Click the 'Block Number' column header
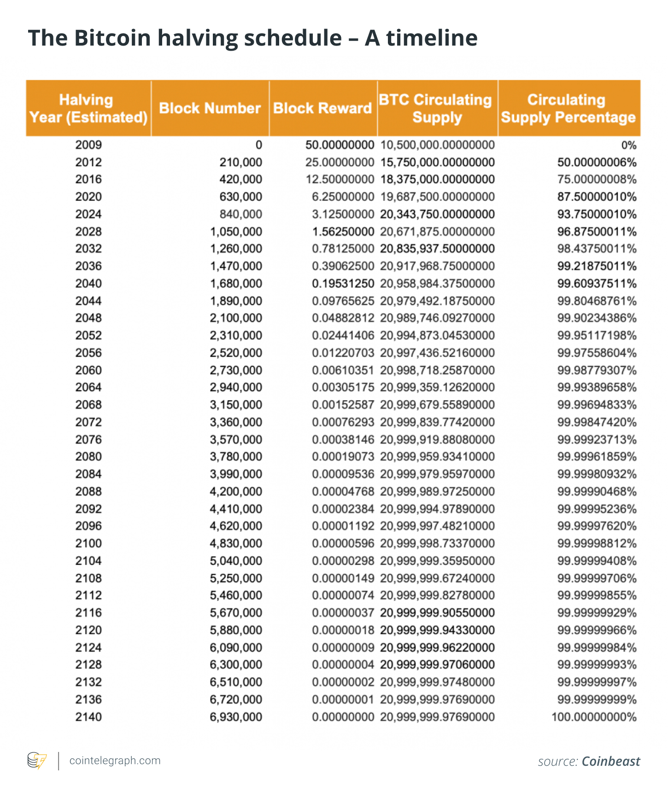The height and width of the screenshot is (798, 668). (210, 108)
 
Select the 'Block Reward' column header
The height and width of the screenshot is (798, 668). (322, 108)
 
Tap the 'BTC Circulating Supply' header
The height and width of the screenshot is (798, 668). (436, 108)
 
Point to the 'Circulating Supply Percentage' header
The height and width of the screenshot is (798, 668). (568, 108)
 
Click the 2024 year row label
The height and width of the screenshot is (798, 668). (88, 214)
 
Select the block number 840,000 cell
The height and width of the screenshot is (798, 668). (241, 214)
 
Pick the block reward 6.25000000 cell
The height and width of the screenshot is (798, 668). (343, 197)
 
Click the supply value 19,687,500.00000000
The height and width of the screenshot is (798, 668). (437, 197)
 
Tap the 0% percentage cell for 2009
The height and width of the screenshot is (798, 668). (628, 145)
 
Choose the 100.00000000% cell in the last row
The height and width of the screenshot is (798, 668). (594, 717)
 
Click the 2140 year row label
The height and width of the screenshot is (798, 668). (88, 717)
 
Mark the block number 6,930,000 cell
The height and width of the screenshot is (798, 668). (236, 717)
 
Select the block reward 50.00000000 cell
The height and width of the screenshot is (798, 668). (340, 145)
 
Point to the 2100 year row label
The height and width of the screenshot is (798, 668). (88, 543)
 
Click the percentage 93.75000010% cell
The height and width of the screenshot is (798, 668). (597, 214)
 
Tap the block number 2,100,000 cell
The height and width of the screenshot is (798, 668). (236, 318)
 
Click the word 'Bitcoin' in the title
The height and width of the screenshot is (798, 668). (112, 38)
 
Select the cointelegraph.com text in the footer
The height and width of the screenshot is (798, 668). (115, 760)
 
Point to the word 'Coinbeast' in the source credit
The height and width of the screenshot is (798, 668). (611, 761)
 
